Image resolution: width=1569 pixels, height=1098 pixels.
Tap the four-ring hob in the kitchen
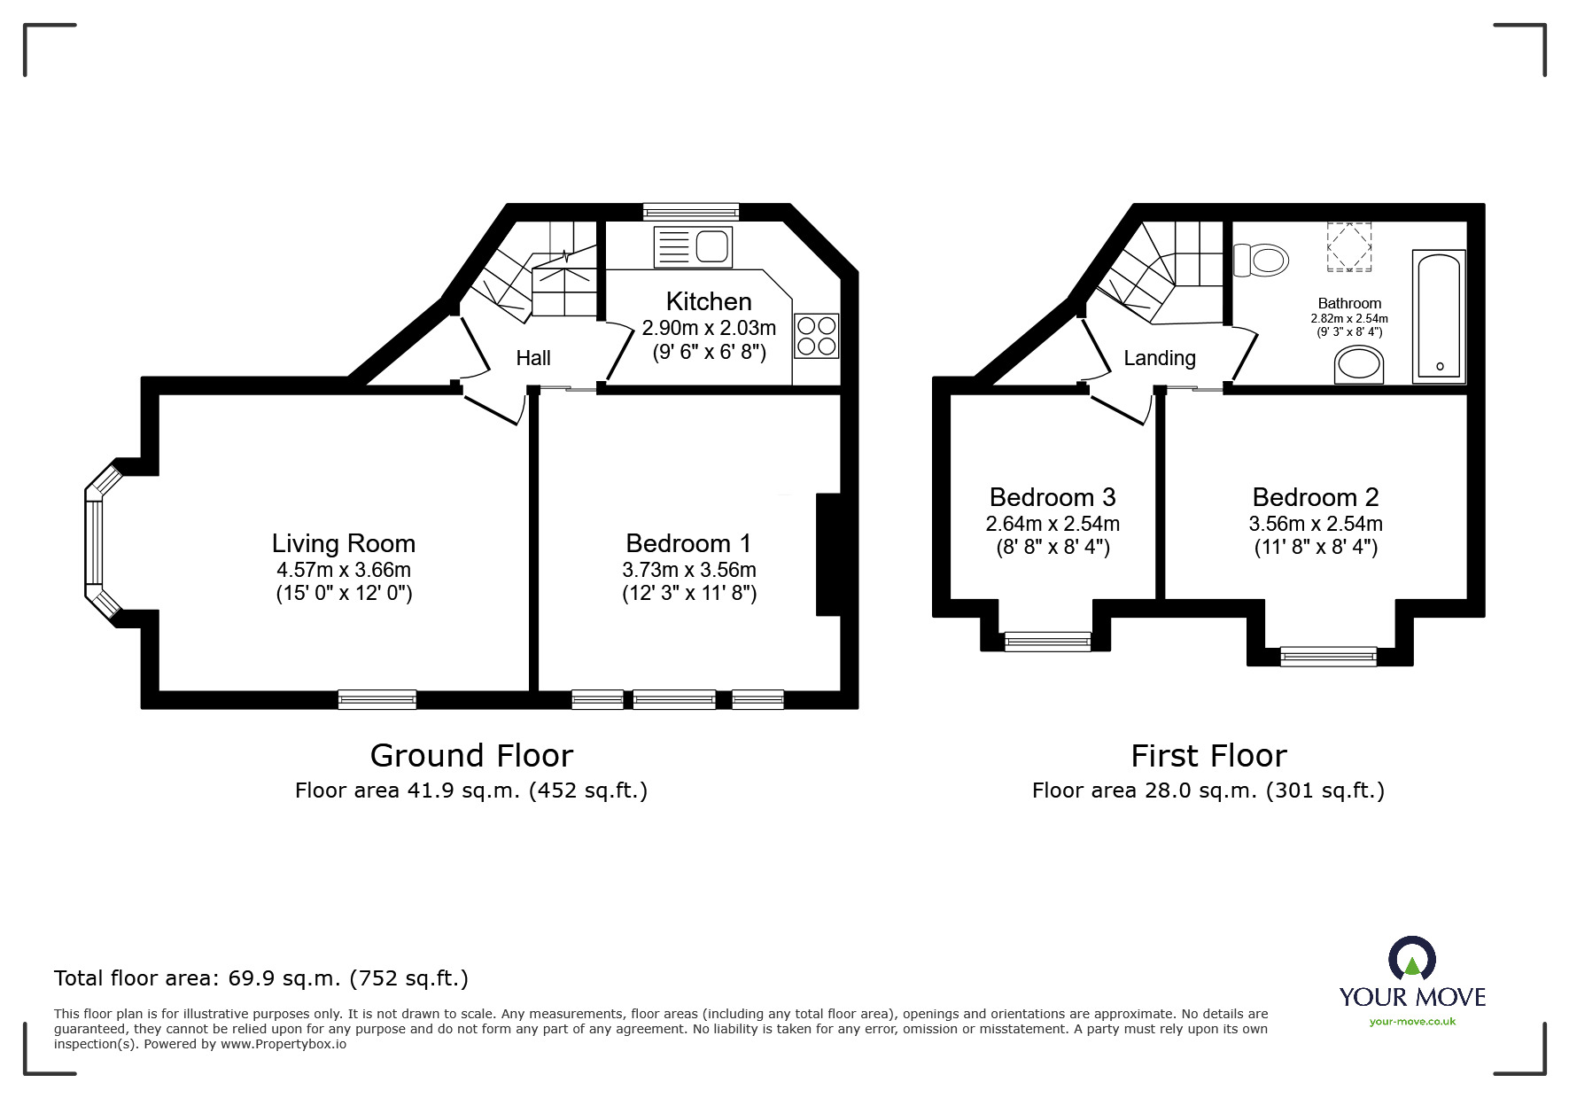(816, 336)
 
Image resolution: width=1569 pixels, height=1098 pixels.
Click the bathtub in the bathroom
(1438, 316)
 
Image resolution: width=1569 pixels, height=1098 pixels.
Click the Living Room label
(344, 543)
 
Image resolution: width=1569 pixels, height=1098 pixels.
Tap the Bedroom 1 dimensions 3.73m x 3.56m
(689, 570)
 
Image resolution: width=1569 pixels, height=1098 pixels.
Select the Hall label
(533, 358)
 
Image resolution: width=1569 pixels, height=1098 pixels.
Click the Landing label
(1160, 358)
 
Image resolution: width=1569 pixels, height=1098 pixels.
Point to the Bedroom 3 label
(1052, 497)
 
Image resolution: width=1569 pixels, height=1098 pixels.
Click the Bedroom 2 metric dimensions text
(1316, 524)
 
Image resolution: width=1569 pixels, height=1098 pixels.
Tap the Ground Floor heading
(471, 756)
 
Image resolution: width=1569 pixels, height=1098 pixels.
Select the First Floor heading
(1208, 756)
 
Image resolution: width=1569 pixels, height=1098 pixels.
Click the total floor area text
(261, 978)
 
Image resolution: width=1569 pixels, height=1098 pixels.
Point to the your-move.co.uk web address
(1412, 1022)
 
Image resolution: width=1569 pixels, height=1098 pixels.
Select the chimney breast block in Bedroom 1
(827, 554)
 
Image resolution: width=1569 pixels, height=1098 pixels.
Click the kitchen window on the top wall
(690, 212)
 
